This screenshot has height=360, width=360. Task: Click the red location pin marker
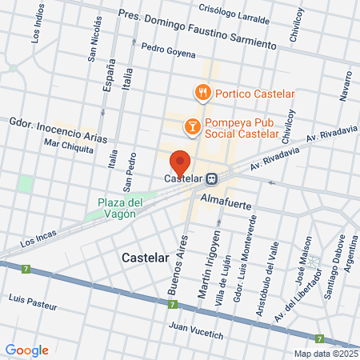180,162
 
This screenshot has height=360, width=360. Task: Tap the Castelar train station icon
212,178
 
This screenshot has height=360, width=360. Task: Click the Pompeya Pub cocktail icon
192,125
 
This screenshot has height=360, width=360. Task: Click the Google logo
26,350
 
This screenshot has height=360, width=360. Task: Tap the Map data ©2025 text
324,354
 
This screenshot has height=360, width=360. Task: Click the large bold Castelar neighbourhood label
148,258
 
